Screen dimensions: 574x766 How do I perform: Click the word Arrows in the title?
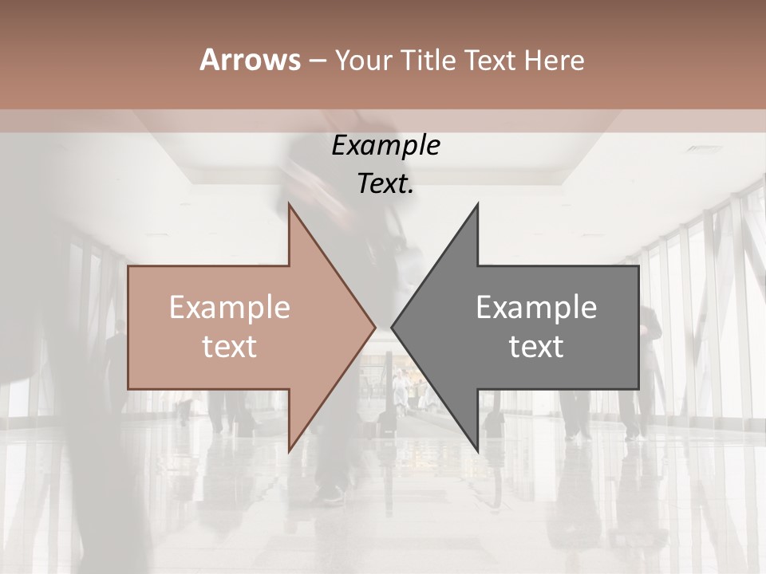tap(249, 60)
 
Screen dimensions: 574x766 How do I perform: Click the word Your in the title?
tap(362, 61)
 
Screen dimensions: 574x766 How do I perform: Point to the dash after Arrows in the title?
tap(317, 61)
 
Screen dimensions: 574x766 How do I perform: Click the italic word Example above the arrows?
tap(386, 146)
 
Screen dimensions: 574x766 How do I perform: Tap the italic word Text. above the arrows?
tap(386, 184)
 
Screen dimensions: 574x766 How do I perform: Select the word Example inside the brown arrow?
tap(230, 307)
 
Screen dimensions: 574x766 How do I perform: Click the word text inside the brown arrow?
tap(230, 346)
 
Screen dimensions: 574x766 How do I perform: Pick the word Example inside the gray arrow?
tap(536, 307)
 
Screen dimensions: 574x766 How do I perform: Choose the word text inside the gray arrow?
tap(536, 346)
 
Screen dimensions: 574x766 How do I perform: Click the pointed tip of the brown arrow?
tap(374, 327)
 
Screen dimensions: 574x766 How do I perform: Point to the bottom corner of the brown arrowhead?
tap(290, 450)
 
